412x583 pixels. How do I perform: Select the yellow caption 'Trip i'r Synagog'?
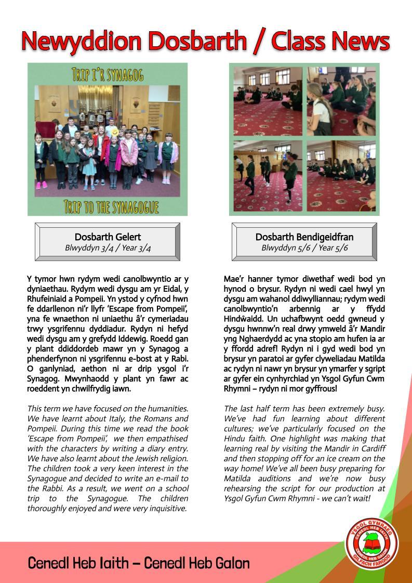tap(108, 74)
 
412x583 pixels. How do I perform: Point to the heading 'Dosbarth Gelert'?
tap(108, 237)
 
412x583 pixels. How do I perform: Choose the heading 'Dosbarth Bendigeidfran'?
tap(304, 237)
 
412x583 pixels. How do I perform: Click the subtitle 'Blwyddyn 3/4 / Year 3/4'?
tap(108, 248)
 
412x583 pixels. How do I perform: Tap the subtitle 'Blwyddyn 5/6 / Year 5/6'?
tap(304, 248)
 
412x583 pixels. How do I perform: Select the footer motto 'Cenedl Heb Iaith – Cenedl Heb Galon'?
tap(139, 563)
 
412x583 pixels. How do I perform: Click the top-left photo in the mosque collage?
tap(268, 101)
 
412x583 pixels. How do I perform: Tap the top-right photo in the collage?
tap(341, 101)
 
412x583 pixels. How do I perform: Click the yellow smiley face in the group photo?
tap(114, 133)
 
